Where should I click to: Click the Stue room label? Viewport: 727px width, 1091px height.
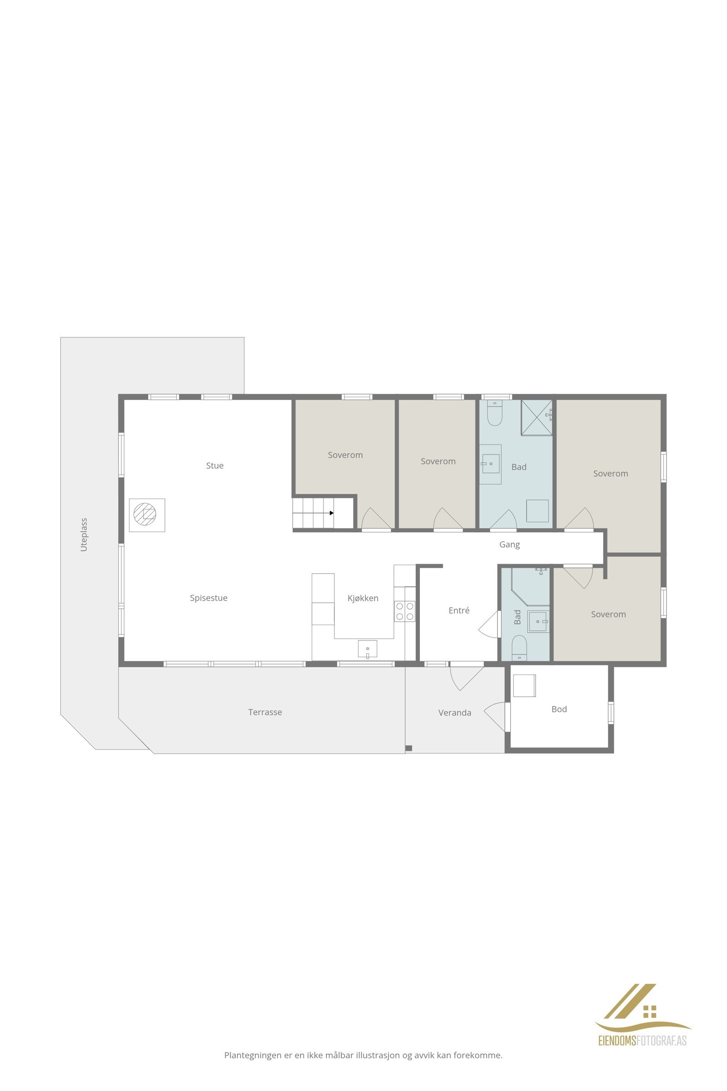click(x=214, y=465)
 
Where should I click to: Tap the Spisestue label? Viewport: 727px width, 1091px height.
click(x=209, y=598)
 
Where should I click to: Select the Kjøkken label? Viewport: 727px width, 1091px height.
click(x=363, y=598)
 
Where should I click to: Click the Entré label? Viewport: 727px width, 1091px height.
click(x=459, y=611)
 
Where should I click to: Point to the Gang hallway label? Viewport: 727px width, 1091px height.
click(x=509, y=545)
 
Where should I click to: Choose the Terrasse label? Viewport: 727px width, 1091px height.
click(x=265, y=712)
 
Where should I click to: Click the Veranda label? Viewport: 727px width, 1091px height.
click(x=455, y=712)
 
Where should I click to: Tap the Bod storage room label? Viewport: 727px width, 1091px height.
click(x=559, y=709)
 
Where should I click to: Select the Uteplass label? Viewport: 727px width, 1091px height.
click(x=84, y=535)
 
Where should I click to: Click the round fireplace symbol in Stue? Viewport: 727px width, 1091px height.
click(x=145, y=514)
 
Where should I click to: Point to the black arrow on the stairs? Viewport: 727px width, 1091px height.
click(x=332, y=513)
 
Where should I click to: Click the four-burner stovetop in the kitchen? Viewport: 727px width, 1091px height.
click(x=405, y=611)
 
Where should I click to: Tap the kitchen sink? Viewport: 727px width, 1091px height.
click(x=367, y=649)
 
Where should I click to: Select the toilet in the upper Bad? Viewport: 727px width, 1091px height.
click(x=495, y=413)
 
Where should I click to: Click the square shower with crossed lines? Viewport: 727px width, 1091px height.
click(x=537, y=417)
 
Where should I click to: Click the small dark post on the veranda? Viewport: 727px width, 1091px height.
click(x=408, y=748)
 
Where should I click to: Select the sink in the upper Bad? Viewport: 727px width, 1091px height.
click(x=490, y=463)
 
